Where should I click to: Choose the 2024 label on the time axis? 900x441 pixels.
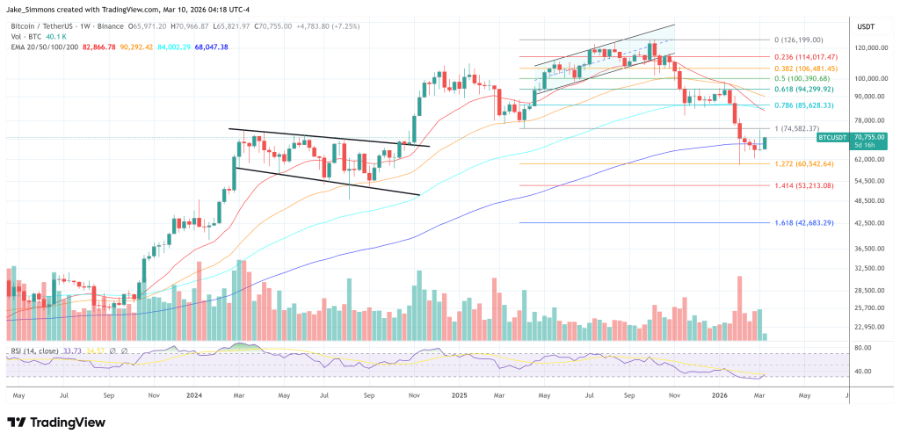pyautogui.click(x=195, y=396)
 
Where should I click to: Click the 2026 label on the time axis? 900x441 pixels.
pyautogui.click(x=719, y=396)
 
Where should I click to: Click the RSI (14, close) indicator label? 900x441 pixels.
pyautogui.click(x=34, y=351)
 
